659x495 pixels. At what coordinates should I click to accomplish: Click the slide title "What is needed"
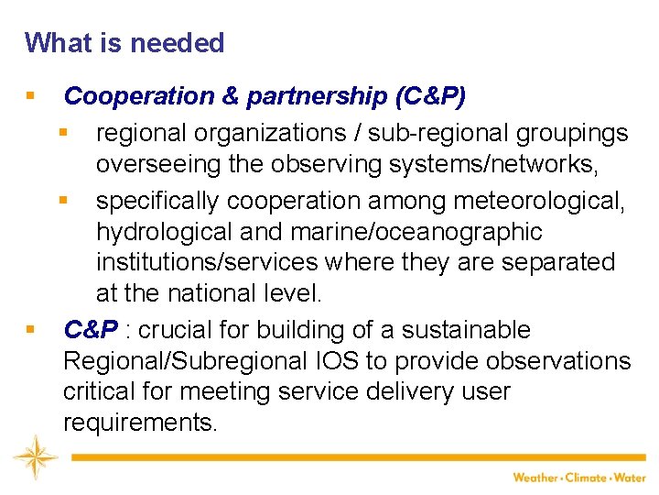pyautogui.click(x=124, y=43)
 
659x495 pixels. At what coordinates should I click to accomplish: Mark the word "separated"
pyautogui.click(x=556, y=262)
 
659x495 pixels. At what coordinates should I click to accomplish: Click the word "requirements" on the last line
pyautogui.click(x=138, y=423)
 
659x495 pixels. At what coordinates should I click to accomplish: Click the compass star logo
pyautogui.click(x=36, y=456)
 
